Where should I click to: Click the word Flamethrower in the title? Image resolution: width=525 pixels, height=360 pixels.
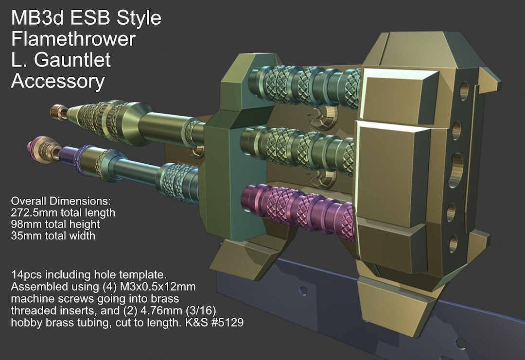point(73,39)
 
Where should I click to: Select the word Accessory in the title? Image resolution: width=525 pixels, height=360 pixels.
point(57,81)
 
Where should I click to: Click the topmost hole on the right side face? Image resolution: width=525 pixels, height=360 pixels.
point(464,90)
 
